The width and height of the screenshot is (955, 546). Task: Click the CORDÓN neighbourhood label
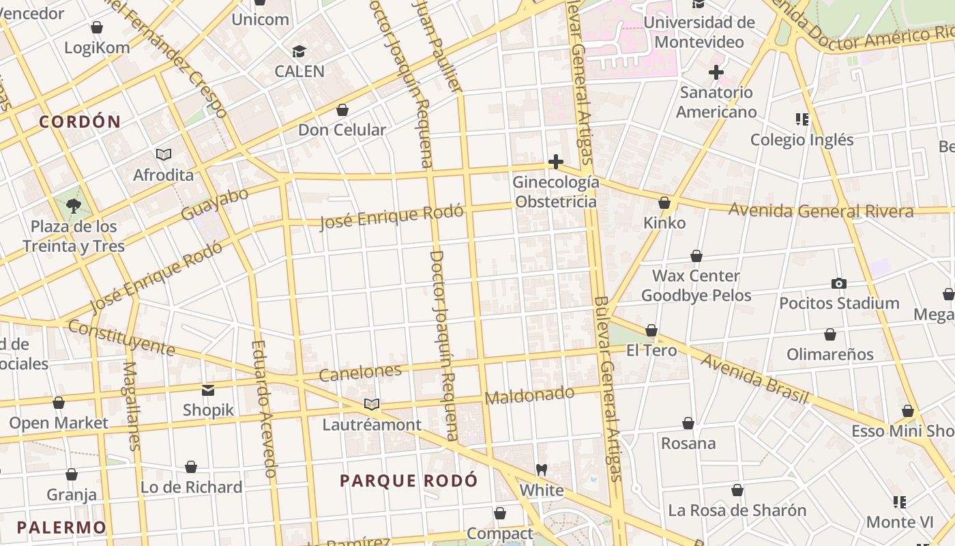coord(80,122)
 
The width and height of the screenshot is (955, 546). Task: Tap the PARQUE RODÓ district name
coord(409,480)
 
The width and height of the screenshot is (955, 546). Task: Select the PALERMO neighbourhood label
coord(61,528)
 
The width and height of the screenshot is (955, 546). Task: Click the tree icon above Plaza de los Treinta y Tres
coord(74,205)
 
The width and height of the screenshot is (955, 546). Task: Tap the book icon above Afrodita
coord(163,154)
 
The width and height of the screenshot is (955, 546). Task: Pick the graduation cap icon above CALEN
coord(299,51)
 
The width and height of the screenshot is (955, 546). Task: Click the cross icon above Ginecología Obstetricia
coord(556,162)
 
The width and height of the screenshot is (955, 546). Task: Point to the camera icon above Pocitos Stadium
coord(839,283)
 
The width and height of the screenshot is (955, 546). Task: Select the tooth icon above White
coord(542,470)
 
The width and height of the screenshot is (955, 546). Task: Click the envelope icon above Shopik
coord(208,390)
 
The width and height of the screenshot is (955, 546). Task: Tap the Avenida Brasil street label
coord(754,379)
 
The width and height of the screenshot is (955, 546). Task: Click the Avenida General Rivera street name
coord(821,211)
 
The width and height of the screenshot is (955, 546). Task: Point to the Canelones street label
coord(360,373)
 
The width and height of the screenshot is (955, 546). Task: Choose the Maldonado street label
coord(530,394)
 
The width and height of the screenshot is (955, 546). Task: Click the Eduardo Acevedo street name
coord(263,408)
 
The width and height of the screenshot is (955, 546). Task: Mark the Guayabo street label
coord(214,204)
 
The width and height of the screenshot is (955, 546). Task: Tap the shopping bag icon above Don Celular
coord(342,110)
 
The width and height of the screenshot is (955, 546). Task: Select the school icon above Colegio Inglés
coord(802,119)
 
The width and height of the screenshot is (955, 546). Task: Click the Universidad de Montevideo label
coord(699,32)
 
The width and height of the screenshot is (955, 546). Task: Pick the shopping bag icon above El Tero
coord(651,330)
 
